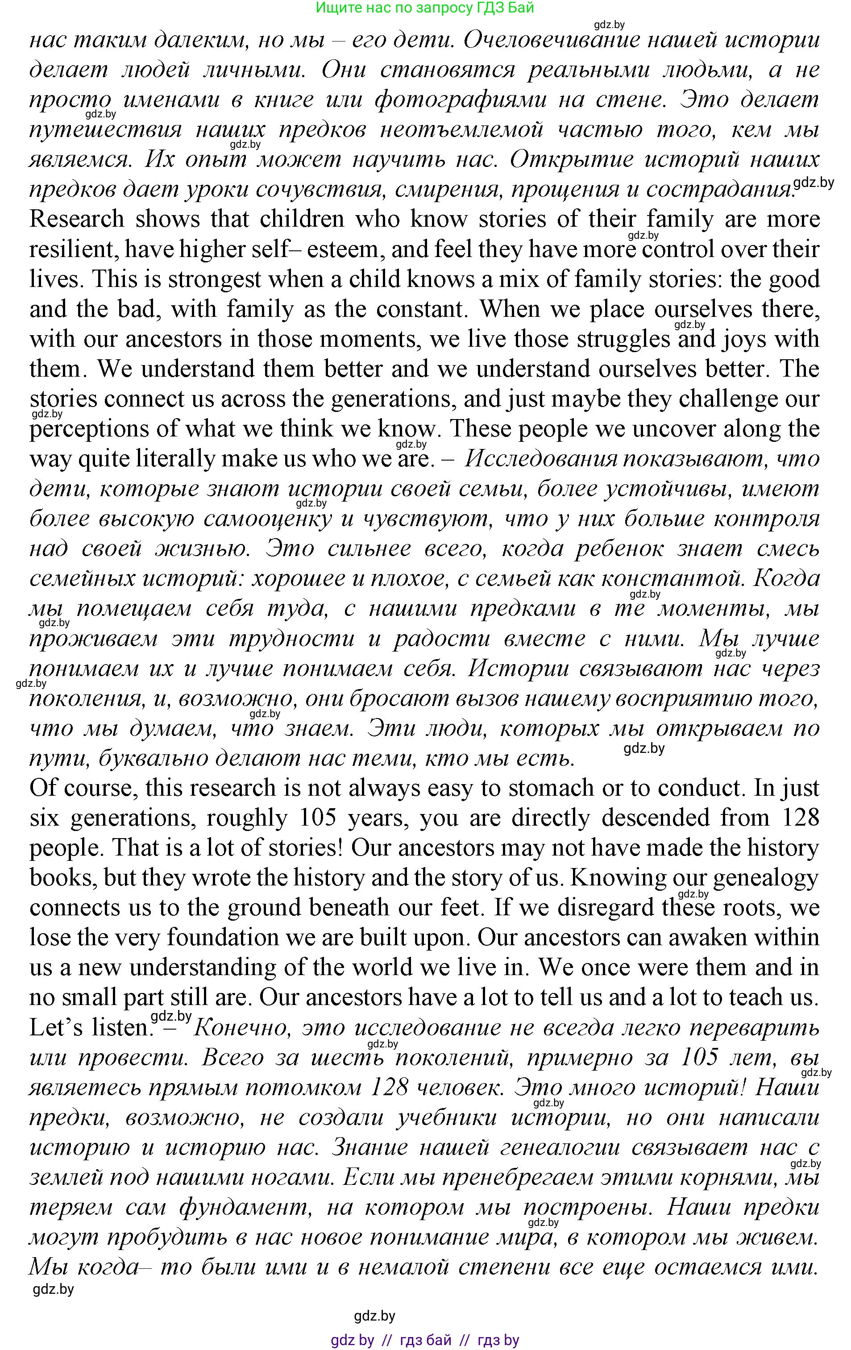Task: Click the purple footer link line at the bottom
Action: (425, 1340)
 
